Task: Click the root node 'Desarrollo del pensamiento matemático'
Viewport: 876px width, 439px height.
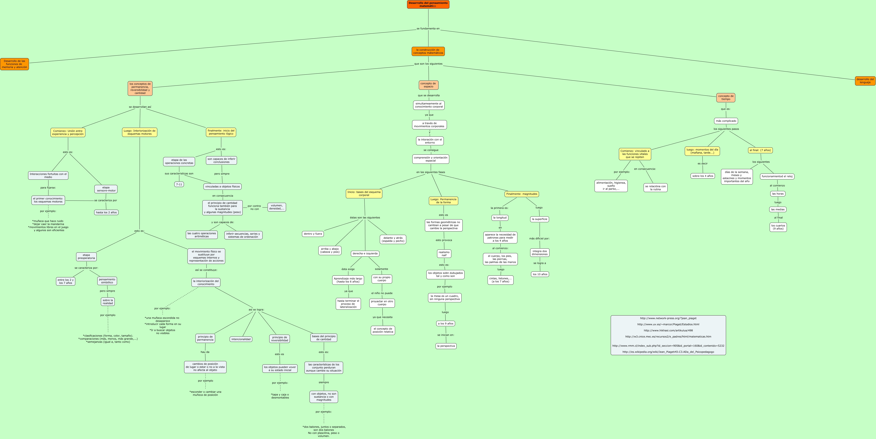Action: tap(428, 4)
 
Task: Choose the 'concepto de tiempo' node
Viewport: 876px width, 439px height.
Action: tap(726, 98)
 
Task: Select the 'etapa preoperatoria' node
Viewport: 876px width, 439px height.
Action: tap(86, 257)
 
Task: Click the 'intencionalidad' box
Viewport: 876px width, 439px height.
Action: tap(241, 339)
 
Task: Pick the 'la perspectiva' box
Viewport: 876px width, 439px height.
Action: tap(446, 346)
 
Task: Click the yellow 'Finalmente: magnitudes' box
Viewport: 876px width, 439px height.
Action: tap(522, 194)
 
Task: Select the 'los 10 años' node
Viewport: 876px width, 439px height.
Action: tap(540, 274)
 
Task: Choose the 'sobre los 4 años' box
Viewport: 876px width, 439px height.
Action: tap(703, 176)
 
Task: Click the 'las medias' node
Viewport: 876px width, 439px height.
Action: tap(778, 209)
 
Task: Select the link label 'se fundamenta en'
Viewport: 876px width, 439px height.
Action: tap(428, 29)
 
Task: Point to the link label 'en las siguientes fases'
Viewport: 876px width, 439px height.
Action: tap(431, 172)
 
